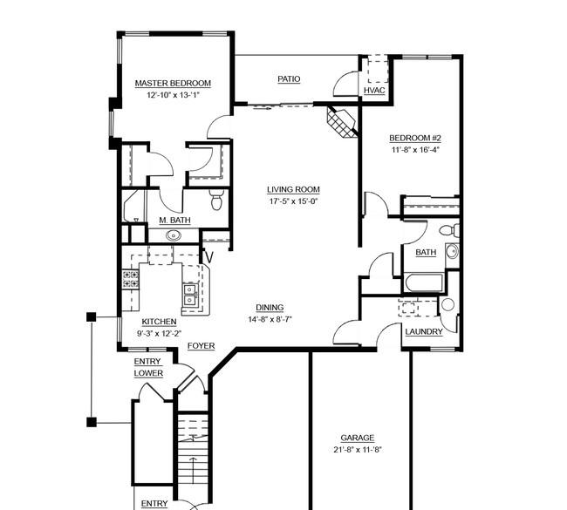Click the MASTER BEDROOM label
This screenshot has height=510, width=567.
(x=173, y=83)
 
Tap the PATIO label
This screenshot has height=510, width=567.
(x=289, y=78)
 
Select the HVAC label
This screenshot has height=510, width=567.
(x=374, y=91)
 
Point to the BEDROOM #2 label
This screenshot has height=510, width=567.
(x=415, y=138)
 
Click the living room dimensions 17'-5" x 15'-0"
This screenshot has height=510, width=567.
(x=293, y=201)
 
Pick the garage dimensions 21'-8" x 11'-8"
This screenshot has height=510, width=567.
(x=358, y=450)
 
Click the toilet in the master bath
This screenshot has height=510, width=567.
(x=216, y=200)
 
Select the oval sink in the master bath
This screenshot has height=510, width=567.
(x=174, y=235)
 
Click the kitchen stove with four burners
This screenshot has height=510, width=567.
(x=131, y=279)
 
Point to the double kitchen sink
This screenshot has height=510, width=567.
(x=189, y=295)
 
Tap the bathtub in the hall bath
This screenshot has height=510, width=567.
(x=424, y=283)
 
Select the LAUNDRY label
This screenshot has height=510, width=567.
(x=424, y=332)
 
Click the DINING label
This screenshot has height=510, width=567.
(x=270, y=308)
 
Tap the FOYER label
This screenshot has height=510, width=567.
(x=201, y=346)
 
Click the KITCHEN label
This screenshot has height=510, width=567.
(x=159, y=322)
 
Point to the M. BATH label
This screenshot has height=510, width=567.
(x=174, y=220)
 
